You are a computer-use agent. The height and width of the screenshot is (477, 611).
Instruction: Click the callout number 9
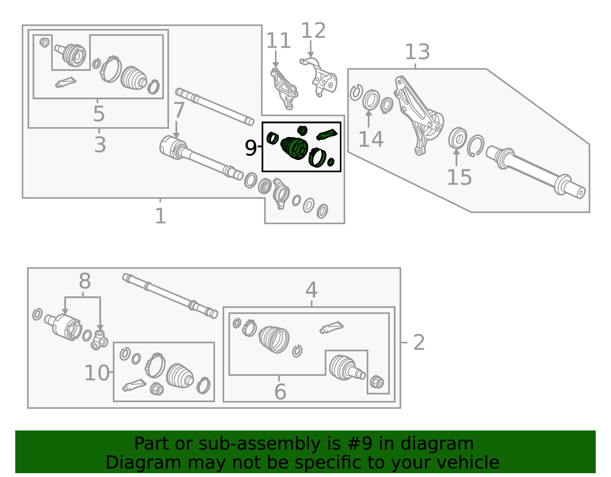click(251, 148)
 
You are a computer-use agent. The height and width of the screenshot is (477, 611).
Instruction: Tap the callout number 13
click(417, 52)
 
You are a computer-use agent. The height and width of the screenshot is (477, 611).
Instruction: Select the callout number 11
click(278, 41)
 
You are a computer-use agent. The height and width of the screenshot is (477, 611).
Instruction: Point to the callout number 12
click(313, 30)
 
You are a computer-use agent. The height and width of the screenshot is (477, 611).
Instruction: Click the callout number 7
click(179, 110)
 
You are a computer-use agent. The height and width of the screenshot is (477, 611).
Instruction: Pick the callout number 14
click(371, 139)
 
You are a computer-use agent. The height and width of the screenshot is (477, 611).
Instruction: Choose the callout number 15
click(459, 177)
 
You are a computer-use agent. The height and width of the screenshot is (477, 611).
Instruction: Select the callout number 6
click(280, 391)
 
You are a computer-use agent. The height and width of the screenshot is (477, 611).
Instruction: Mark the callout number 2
click(419, 342)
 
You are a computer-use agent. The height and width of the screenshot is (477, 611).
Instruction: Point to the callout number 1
click(160, 216)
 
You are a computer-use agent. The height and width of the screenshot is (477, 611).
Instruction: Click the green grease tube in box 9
click(327, 134)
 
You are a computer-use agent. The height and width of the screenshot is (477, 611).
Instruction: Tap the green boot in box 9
click(294, 148)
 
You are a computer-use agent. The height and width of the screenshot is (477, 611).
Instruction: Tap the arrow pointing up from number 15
click(456, 157)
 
